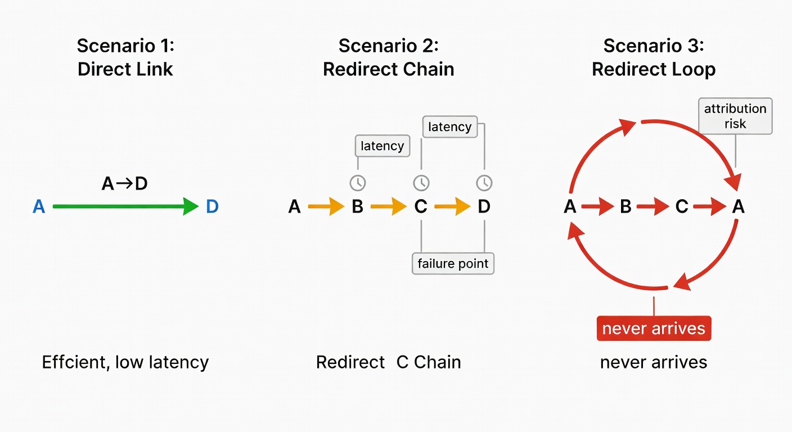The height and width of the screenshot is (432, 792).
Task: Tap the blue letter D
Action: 212,207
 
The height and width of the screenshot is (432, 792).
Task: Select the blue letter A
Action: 39,207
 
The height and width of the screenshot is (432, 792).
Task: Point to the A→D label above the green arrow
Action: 124,183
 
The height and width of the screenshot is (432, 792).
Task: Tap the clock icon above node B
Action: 358,183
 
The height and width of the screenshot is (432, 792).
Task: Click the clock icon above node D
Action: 484,183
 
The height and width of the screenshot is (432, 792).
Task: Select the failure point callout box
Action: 453,263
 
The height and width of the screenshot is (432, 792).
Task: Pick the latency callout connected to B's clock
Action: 382,146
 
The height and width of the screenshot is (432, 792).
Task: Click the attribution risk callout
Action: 735,116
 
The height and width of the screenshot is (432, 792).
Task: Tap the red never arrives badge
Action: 654,328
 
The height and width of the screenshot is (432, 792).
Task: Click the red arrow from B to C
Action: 653,207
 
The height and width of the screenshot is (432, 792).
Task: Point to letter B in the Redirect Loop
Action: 625,207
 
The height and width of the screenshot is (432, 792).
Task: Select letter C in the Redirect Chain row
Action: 421,207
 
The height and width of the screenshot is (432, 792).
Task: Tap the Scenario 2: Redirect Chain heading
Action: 388,57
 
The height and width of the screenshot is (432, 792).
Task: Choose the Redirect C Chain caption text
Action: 388,362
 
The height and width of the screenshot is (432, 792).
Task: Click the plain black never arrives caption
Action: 654,362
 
